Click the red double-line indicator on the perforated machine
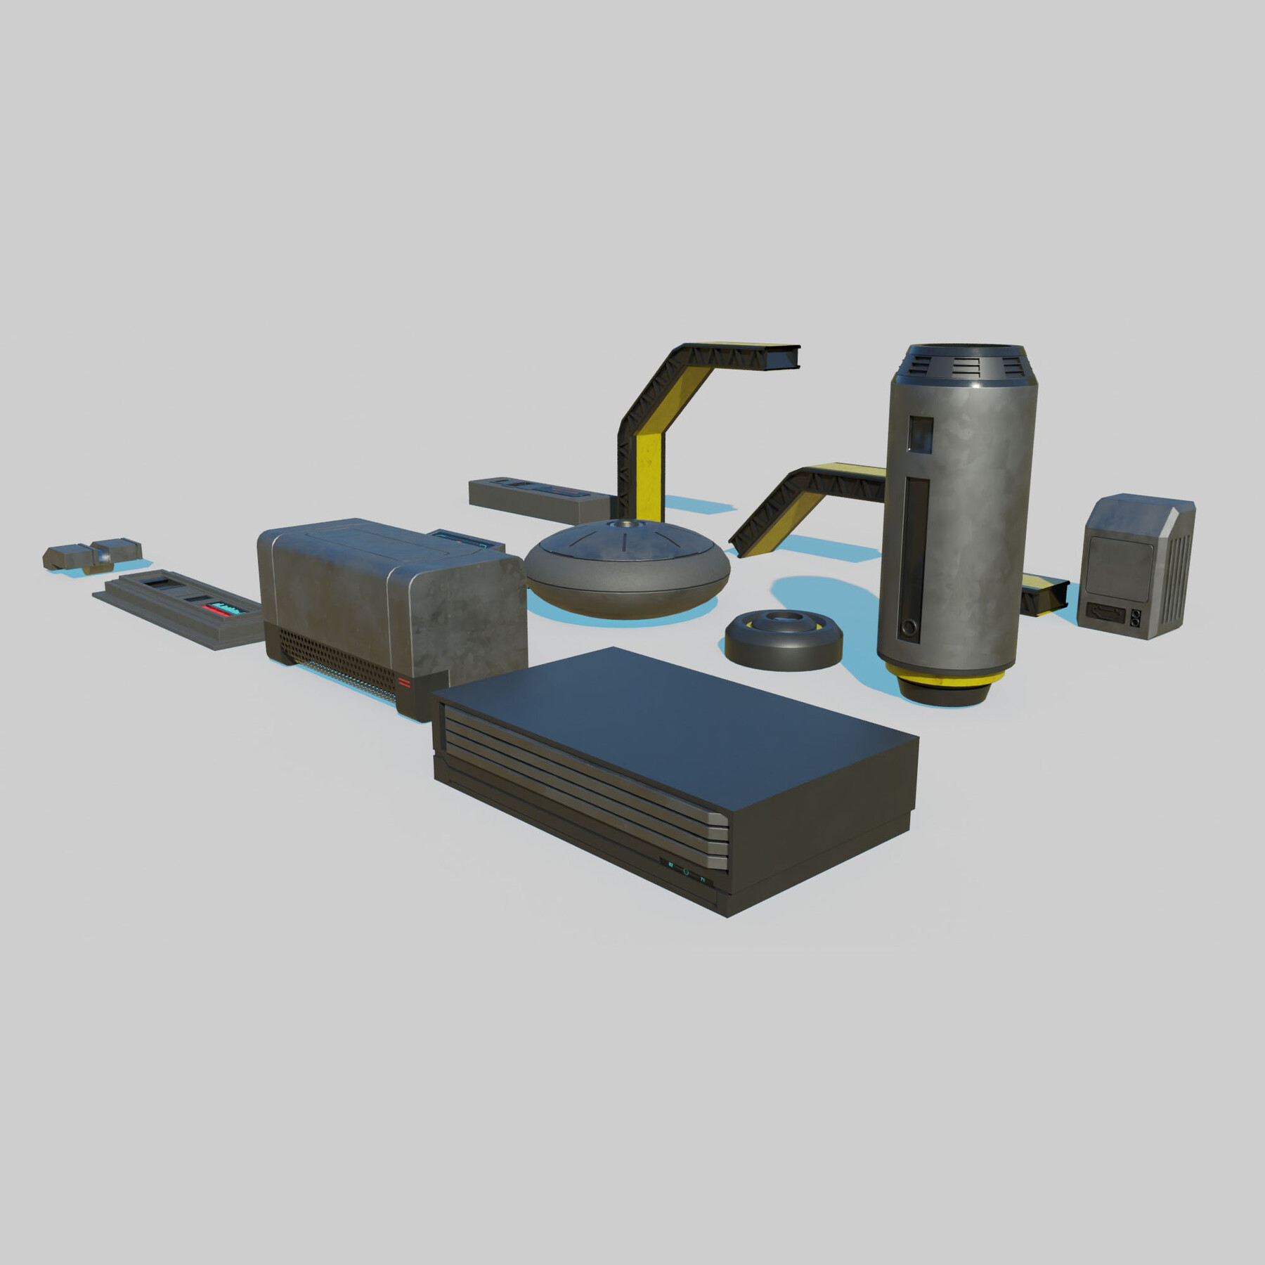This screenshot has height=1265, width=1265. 404,682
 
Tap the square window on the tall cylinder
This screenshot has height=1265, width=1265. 920,434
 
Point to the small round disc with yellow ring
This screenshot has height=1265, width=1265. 784,639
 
